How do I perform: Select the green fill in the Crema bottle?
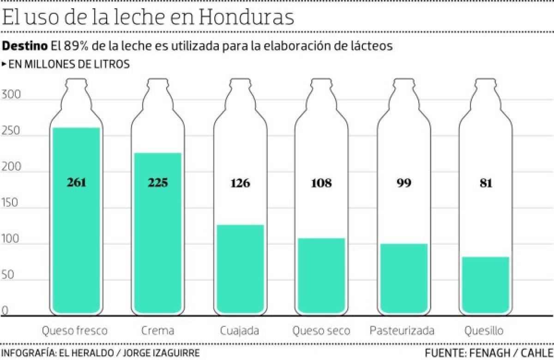coord(158,240)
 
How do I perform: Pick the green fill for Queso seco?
coord(321,275)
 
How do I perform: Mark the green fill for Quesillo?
coord(485,284)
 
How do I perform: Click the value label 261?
coord(76,183)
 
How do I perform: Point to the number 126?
coord(240,183)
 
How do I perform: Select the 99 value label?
coord(403,183)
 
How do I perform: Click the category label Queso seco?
coord(321,331)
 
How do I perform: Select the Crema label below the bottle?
coord(158,331)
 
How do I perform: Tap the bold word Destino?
coord(25,46)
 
